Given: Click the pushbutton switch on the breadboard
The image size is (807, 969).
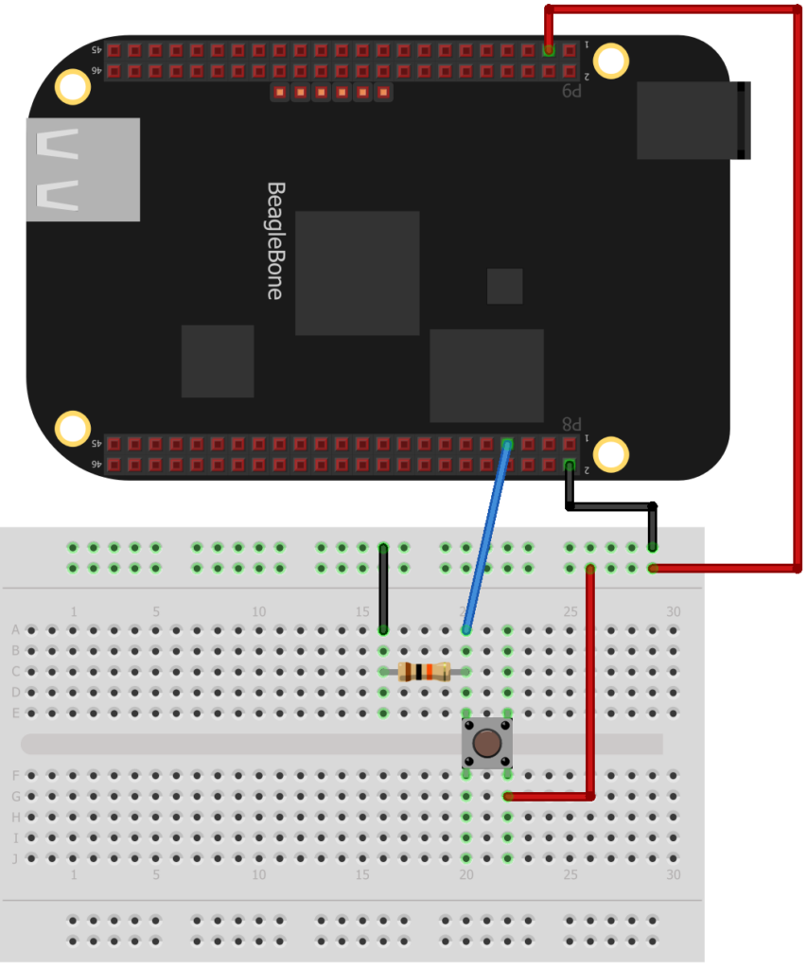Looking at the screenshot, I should click(x=487, y=743).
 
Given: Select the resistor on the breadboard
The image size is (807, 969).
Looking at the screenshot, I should click(x=425, y=672).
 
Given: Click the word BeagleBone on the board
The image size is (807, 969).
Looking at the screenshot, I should click(x=274, y=241).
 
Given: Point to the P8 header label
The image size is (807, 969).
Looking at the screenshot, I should click(x=572, y=424).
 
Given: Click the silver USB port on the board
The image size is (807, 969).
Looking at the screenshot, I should click(x=83, y=170).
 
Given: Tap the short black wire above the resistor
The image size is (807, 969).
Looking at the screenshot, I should click(x=383, y=588).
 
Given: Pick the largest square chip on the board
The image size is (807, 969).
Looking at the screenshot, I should click(x=357, y=273).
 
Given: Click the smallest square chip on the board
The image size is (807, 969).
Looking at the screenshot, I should click(x=504, y=286).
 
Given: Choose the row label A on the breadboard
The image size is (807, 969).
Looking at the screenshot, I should click(x=15, y=630).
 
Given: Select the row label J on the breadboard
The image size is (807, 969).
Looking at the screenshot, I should click(x=15, y=859).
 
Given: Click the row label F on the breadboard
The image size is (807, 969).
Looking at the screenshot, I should click(x=15, y=776).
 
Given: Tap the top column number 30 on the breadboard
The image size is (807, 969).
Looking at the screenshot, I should click(x=673, y=611).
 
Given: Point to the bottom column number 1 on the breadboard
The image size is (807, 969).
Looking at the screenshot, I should click(x=74, y=875).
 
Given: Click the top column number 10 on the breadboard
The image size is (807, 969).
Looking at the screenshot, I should click(x=258, y=611).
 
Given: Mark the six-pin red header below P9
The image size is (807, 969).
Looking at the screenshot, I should click(x=331, y=92).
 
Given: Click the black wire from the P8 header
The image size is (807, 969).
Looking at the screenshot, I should click(x=611, y=506).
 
